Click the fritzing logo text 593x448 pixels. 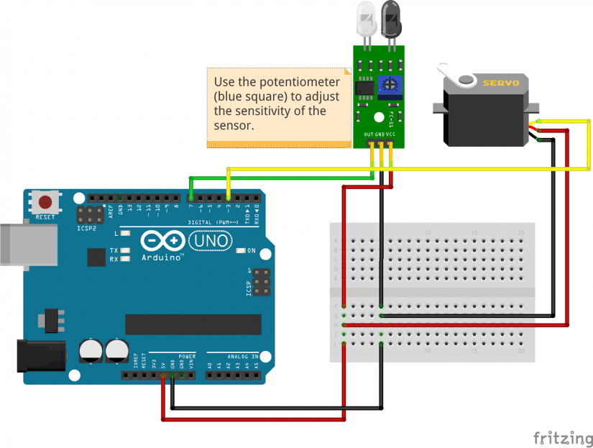563,436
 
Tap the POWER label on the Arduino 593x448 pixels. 186,356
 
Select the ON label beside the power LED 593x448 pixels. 252,251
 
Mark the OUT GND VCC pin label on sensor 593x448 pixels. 380,134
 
